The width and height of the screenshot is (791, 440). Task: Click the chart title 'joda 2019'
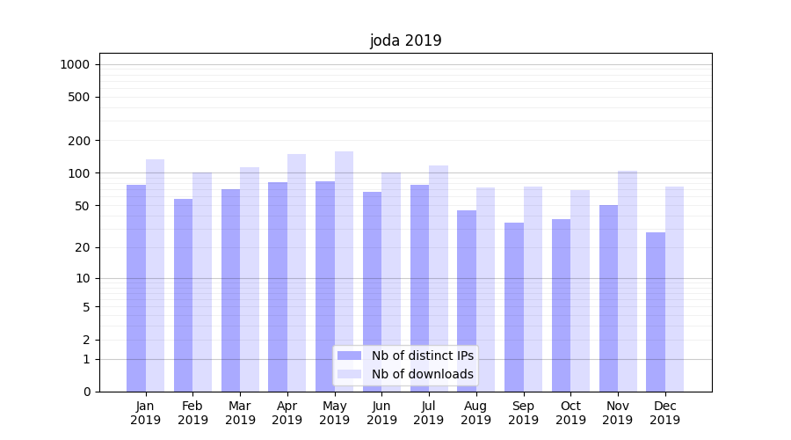405,40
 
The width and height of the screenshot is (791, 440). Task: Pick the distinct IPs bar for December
656,312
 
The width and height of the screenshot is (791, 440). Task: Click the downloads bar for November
628,281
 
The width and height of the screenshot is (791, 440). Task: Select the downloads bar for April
297,273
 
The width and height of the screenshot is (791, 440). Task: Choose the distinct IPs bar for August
467,300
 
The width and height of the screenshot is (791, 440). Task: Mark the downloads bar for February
202,282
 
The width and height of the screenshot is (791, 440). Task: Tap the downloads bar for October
580,290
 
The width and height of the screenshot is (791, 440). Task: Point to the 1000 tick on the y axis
75,64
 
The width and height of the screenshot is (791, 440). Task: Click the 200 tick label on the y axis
79,141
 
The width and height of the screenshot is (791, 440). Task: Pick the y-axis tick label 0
86,392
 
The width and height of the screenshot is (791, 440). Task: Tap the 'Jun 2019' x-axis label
381,413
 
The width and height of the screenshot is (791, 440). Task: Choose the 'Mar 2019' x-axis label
240,413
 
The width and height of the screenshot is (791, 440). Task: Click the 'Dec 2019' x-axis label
664,413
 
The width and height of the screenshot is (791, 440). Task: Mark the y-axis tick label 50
83,206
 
